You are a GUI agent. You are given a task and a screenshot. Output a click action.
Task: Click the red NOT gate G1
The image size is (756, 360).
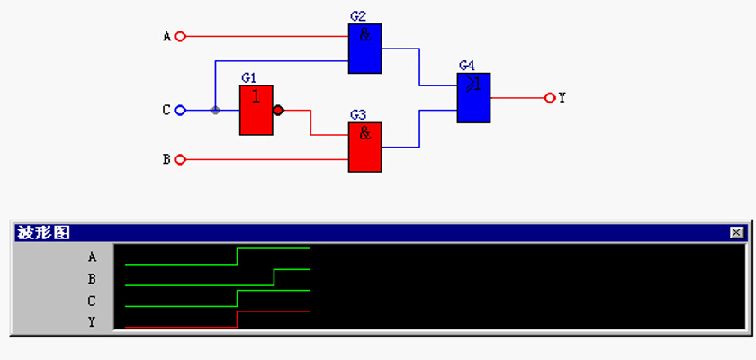(256, 111)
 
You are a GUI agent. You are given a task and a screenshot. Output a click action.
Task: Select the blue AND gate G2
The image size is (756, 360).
(365, 49)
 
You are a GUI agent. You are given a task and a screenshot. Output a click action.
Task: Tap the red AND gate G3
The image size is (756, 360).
(365, 147)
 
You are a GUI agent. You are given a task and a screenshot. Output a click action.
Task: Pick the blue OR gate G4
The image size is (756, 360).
(474, 98)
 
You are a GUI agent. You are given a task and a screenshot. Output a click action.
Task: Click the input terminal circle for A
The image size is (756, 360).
(180, 36)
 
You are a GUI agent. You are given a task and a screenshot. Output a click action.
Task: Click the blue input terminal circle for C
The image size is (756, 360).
(180, 111)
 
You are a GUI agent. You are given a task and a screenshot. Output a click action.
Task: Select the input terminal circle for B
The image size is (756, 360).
(180, 159)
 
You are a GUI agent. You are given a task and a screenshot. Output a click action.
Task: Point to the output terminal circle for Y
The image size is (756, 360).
(550, 98)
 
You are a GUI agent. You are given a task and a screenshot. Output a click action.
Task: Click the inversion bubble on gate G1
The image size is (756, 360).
(278, 111)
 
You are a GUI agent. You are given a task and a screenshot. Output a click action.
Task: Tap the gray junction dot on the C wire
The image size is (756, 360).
(215, 111)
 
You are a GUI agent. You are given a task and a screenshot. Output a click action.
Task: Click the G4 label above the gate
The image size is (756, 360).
(467, 66)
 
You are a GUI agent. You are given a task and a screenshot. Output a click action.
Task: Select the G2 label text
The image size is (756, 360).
(358, 16)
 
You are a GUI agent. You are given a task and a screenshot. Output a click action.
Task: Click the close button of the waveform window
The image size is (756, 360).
(736, 233)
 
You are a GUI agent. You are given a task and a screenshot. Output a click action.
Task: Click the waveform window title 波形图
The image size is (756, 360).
(43, 233)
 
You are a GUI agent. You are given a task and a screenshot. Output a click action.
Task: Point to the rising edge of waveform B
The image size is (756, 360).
(274, 277)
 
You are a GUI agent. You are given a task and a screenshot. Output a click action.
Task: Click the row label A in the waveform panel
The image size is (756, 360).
(92, 257)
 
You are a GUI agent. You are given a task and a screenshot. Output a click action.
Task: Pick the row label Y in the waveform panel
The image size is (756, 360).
(92, 321)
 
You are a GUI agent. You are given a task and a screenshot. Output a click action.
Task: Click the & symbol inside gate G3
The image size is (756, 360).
(365, 133)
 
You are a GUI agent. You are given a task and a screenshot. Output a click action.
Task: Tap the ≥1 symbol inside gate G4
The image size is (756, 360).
(474, 85)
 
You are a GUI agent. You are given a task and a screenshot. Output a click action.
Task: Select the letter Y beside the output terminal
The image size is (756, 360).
(562, 98)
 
